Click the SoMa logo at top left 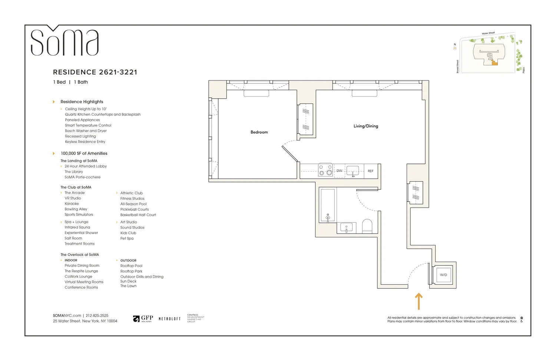click(x=64, y=42)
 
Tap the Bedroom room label click(x=259, y=132)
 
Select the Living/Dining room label click(x=365, y=126)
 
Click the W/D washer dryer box click(x=443, y=275)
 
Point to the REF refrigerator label click(x=370, y=171)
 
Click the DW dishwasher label click(x=339, y=171)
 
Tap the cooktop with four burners click(x=325, y=170)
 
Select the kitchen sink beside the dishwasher click(x=353, y=171)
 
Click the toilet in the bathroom click(x=367, y=226)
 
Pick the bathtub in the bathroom click(x=328, y=205)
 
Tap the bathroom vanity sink click(x=346, y=227)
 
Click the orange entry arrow click(x=418, y=301)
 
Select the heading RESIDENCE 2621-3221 click(x=95, y=72)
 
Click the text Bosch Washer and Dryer click(x=86, y=131)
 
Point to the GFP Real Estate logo click(x=143, y=318)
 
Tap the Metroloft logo click(x=169, y=319)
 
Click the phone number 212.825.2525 click(x=97, y=316)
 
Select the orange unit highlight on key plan click(x=495, y=63)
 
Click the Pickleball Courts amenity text click(x=134, y=209)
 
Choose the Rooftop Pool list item click(x=131, y=266)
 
